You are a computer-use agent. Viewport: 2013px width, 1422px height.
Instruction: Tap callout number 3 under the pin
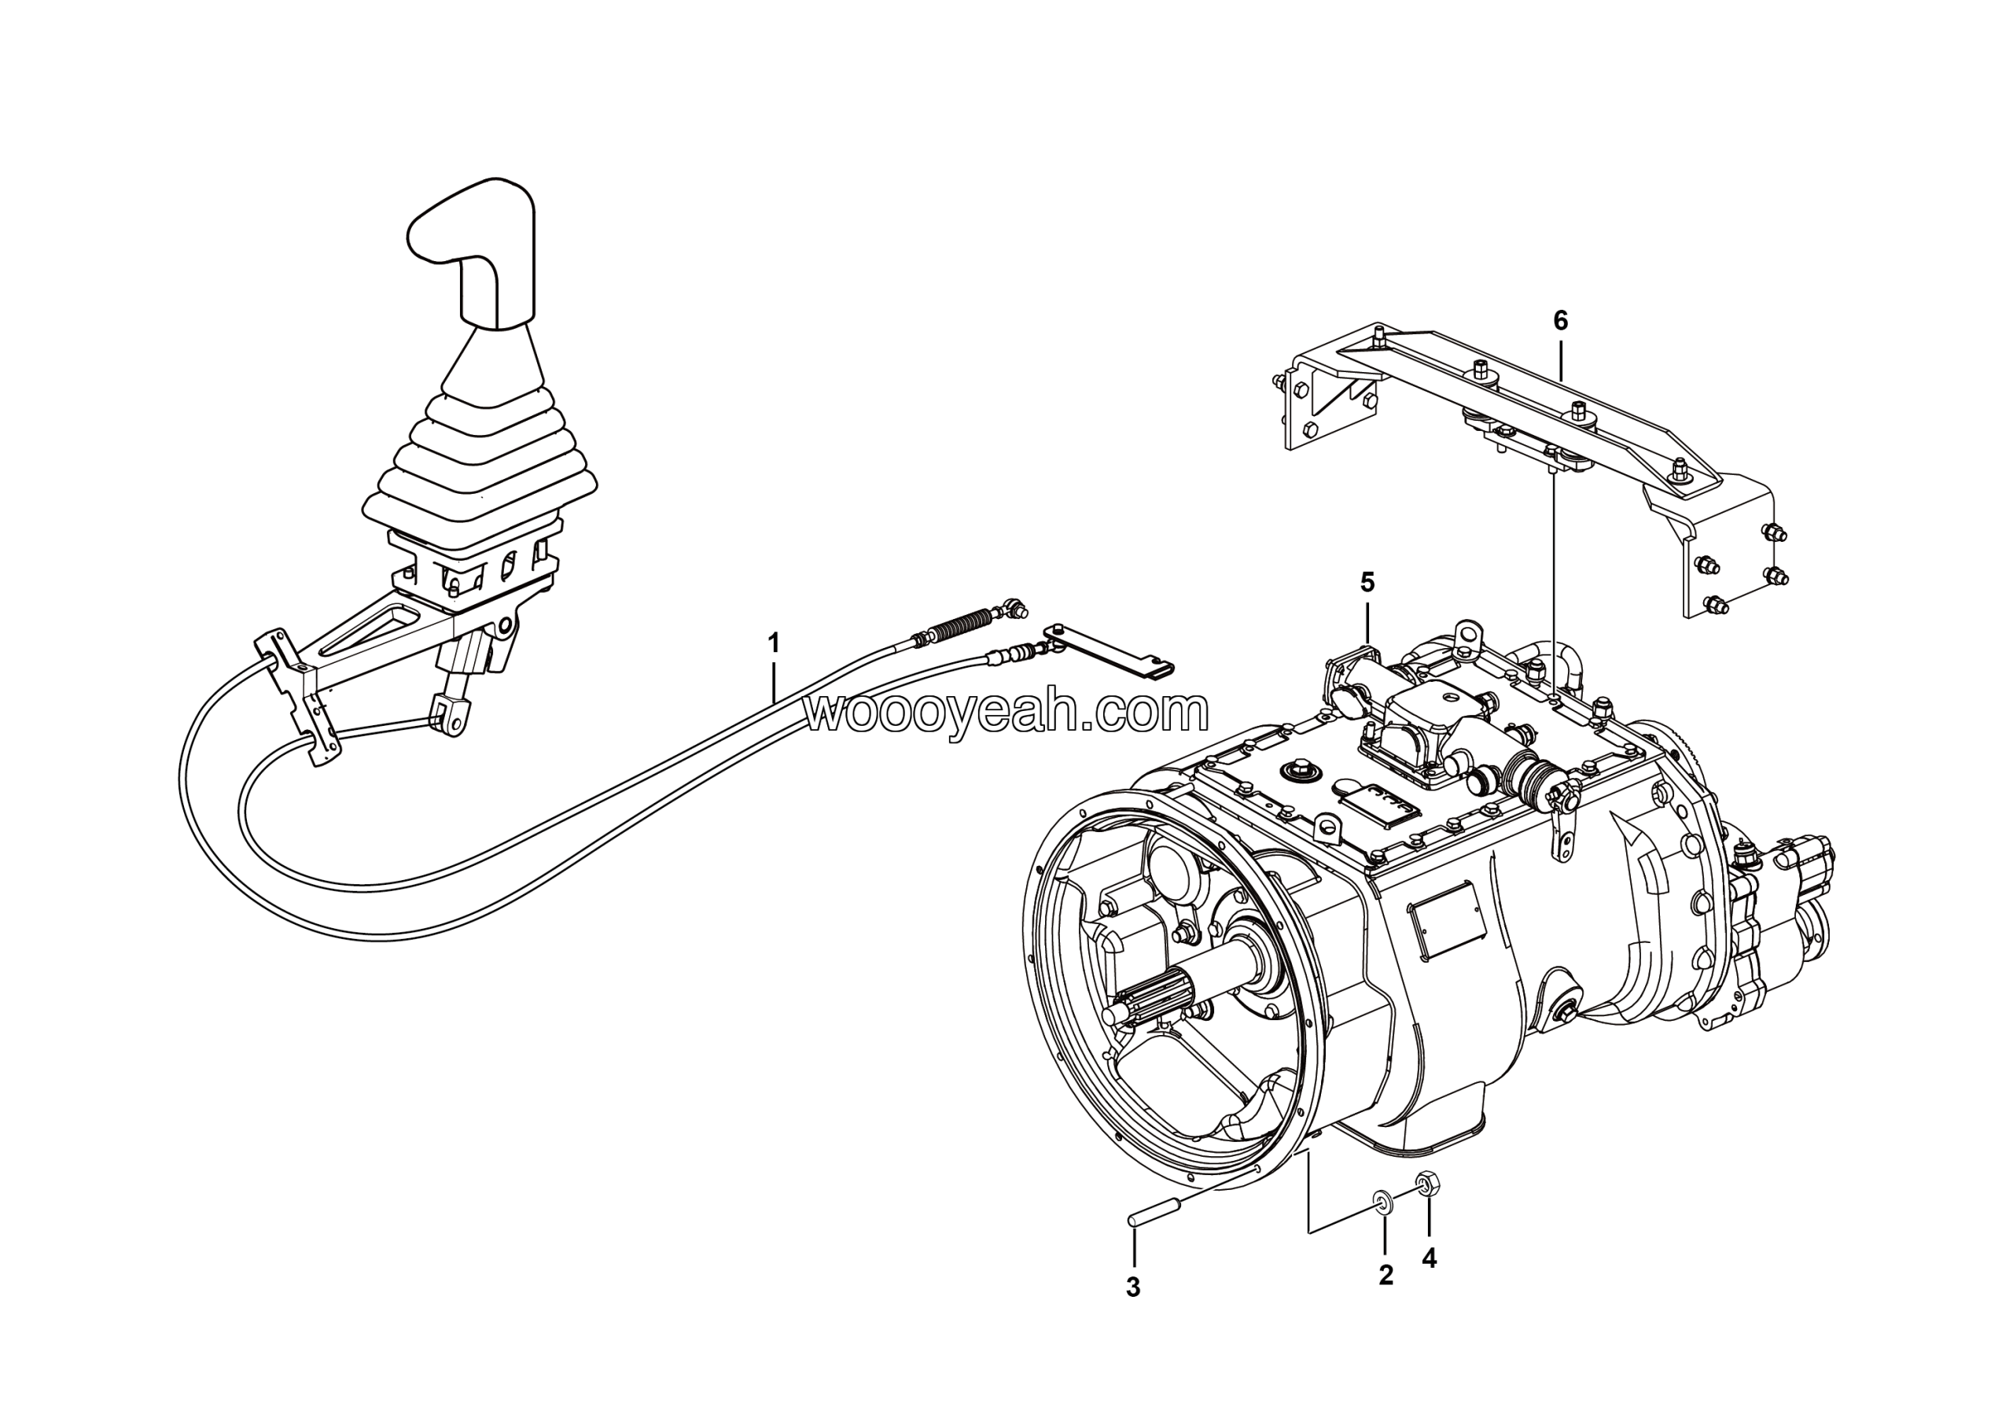(1133, 1288)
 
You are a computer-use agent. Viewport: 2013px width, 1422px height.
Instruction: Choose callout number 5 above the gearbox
(1367, 582)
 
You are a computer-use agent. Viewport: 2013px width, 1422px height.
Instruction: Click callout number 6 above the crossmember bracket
(1560, 322)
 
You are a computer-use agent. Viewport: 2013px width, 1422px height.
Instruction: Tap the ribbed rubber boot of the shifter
(480, 456)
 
